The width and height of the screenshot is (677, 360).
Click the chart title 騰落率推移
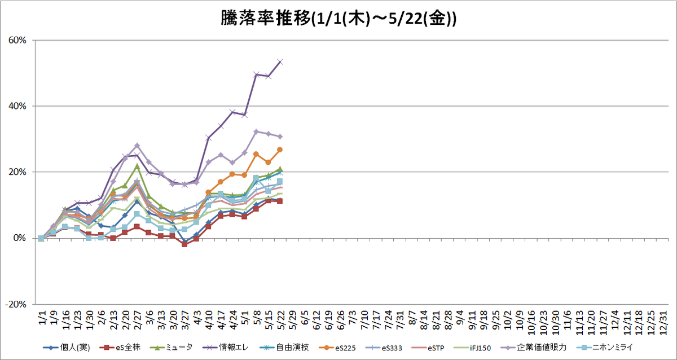click(x=266, y=19)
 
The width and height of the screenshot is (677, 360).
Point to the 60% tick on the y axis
click(x=17, y=40)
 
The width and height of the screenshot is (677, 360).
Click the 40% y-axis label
click(x=17, y=106)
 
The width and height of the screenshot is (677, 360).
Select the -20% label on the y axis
click(x=16, y=304)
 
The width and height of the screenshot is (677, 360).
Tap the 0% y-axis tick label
click(x=20, y=238)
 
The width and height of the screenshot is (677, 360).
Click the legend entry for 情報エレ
click(x=225, y=348)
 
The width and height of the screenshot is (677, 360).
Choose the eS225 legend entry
click(x=337, y=348)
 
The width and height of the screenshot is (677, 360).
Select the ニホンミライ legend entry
click(x=604, y=348)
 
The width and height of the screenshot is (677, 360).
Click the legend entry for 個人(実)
click(x=67, y=348)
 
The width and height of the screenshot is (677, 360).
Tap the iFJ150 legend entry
click(x=472, y=348)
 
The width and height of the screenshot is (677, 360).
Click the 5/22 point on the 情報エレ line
click(x=280, y=62)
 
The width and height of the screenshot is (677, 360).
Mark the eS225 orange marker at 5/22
click(x=280, y=150)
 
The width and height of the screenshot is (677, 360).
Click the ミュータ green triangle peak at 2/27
click(x=137, y=166)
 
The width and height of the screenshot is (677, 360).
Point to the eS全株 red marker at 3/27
click(x=184, y=244)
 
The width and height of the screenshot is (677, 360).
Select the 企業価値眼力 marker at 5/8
click(x=256, y=131)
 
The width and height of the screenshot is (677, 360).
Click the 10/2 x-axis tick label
click(x=508, y=320)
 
